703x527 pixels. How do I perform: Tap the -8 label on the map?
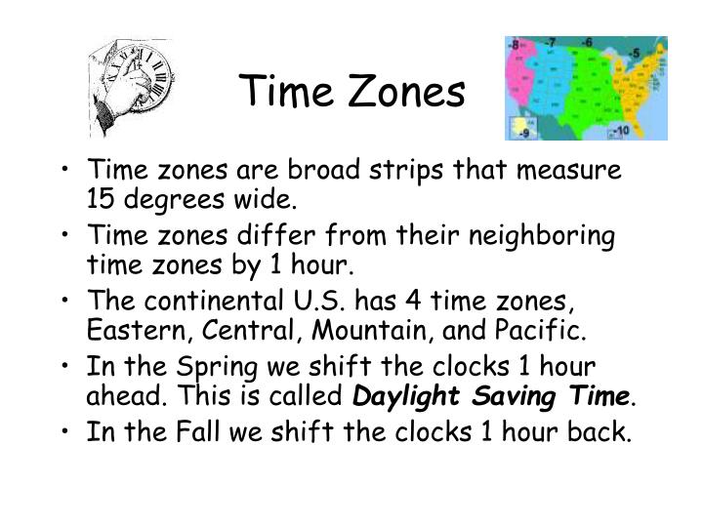pos(514,44)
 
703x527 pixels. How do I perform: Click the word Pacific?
pos(547,332)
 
